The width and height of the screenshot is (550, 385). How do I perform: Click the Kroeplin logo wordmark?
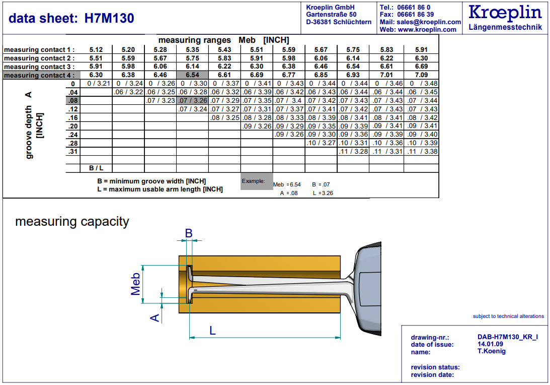(505, 12)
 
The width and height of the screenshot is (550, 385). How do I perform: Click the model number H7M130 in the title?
(109, 18)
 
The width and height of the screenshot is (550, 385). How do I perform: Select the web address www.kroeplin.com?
(427, 30)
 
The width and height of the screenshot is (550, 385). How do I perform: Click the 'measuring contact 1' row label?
(39, 50)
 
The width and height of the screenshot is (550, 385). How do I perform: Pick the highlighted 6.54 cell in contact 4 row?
(192, 75)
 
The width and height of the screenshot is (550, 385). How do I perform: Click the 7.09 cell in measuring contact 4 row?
(421, 75)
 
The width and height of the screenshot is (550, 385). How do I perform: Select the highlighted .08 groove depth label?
(73, 100)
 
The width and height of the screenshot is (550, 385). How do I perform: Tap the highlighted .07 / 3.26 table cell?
(192, 100)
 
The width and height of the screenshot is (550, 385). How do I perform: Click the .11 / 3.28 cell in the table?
(353, 152)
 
